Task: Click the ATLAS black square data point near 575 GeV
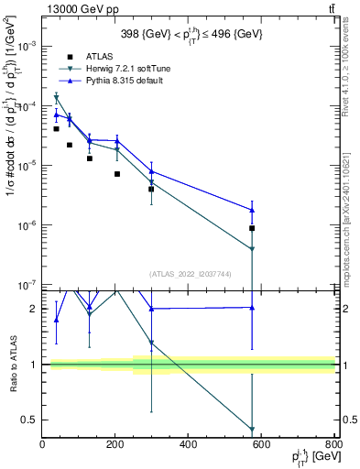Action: (252, 228)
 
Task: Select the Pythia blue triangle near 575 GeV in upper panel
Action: (252, 210)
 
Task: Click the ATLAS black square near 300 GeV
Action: (151, 189)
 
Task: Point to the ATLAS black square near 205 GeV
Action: (117, 174)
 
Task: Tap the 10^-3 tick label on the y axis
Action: (27, 46)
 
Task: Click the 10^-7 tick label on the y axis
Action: (27, 285)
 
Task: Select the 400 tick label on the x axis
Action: (188, 445)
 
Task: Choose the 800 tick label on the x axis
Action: (333, 445)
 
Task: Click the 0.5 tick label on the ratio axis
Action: (29, 420)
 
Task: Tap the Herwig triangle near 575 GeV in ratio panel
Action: (252, 429)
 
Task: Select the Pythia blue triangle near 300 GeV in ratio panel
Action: (151, 309)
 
